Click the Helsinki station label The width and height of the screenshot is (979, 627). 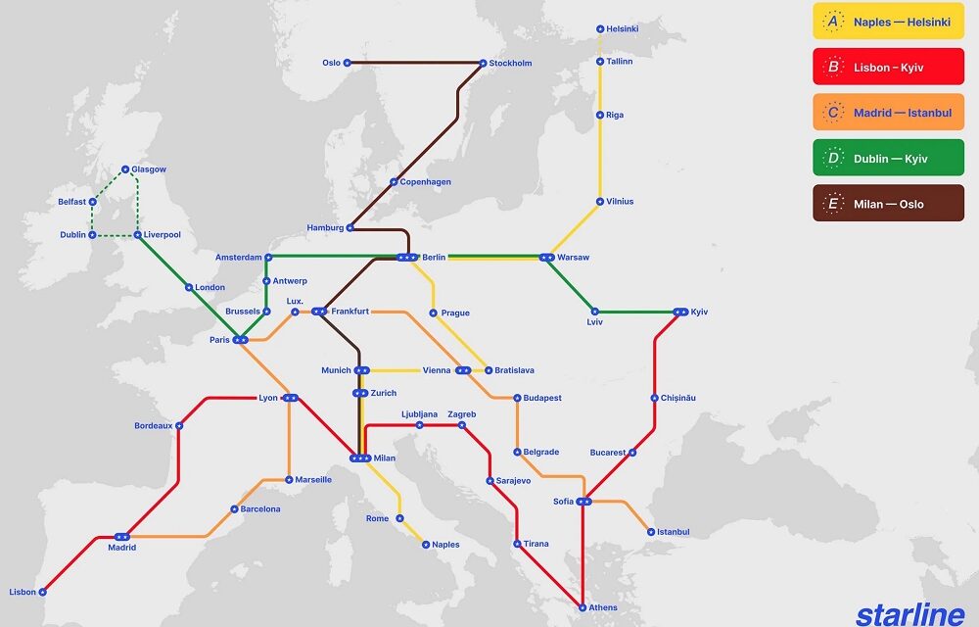point(623,29)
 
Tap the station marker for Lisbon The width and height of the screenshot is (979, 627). point(43,592)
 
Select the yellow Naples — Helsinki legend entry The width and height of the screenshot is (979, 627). point(888,22)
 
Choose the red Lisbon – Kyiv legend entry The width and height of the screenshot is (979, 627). point(888,68)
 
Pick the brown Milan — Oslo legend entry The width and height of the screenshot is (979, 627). point(888,204)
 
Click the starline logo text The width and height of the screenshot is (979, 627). point(910,613)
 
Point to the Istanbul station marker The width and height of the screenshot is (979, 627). point(650,532)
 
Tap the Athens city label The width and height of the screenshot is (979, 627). point(603,607)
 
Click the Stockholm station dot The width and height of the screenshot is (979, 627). point(483,64)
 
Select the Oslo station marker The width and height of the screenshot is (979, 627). point(348,64)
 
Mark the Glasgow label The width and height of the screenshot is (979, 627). point(149,169)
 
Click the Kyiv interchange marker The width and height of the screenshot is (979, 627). point(680,313)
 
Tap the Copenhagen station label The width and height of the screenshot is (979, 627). point(426,182)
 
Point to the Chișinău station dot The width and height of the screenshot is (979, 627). point(654,398)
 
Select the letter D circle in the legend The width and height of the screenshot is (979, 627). point(833,159)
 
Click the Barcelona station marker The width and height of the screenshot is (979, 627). point(234,509)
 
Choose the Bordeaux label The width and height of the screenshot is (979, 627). point(154,426)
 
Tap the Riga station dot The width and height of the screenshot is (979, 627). point(600,115)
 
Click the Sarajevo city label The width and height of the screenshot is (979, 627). point(514,481)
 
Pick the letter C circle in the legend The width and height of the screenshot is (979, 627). point(833,113)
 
